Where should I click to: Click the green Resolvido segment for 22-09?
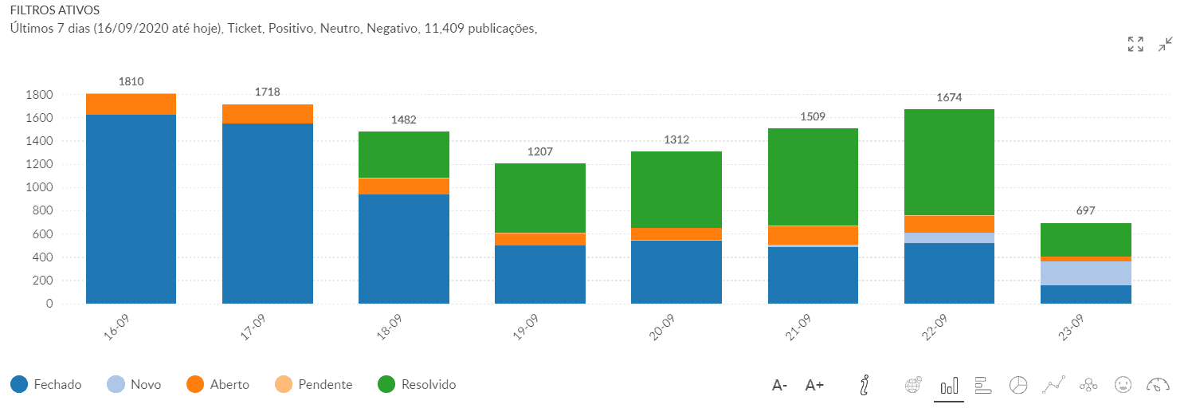[949, 162]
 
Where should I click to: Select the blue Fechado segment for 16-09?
[131, 209]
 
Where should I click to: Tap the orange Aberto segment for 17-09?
[267, 114]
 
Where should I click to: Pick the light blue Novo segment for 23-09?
[1085, 273]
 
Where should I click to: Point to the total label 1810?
[131, 81]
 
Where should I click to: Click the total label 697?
[1085, 210]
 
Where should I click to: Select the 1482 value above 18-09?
[403, 120]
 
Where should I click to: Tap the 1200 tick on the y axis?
[41, 165]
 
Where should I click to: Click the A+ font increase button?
[814, 386]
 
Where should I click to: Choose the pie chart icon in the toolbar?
[1018, 386]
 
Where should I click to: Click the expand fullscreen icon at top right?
[1135, 45]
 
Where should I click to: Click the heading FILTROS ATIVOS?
[54, 11]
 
